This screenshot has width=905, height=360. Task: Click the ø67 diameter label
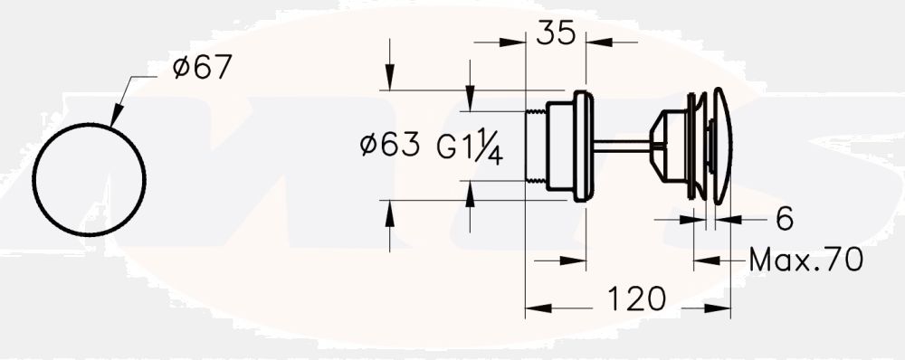(x=202, y=68)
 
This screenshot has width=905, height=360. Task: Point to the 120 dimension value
(x=635, y=299)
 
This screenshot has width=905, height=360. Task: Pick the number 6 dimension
(x=784, y=218)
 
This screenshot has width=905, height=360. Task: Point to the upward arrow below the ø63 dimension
(x=389, y=210)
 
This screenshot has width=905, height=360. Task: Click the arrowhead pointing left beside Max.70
(x=704, y=261)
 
